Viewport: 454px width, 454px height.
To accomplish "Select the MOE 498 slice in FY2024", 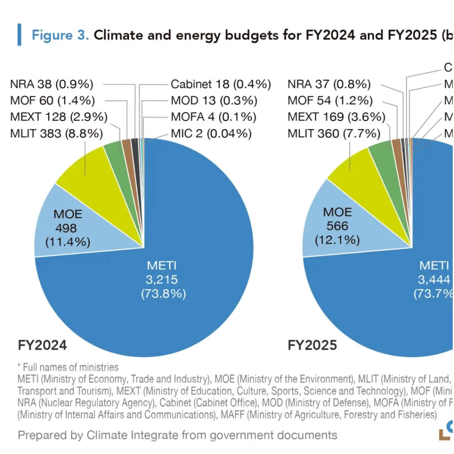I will point(67,228).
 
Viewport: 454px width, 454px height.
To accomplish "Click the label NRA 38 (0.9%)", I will point(51,84).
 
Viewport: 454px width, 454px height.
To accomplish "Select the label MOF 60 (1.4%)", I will point(52,101).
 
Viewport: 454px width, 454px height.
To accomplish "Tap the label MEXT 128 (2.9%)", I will point(58,117).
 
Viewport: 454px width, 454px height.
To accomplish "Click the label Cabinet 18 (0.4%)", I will point(220,84).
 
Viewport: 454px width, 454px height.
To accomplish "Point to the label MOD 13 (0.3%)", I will point(214,101).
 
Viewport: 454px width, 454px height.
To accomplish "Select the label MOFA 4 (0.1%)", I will point(213,117).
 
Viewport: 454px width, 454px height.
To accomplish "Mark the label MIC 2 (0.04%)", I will point(211,133).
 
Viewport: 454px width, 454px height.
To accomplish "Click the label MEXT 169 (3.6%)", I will point(336,117).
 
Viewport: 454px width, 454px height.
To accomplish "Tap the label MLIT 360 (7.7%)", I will point(334,133).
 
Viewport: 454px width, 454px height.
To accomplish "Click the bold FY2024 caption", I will point(42,345).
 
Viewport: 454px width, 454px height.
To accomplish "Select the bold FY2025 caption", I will point(312,345).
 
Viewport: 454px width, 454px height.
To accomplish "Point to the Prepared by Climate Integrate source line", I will point(177,435).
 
